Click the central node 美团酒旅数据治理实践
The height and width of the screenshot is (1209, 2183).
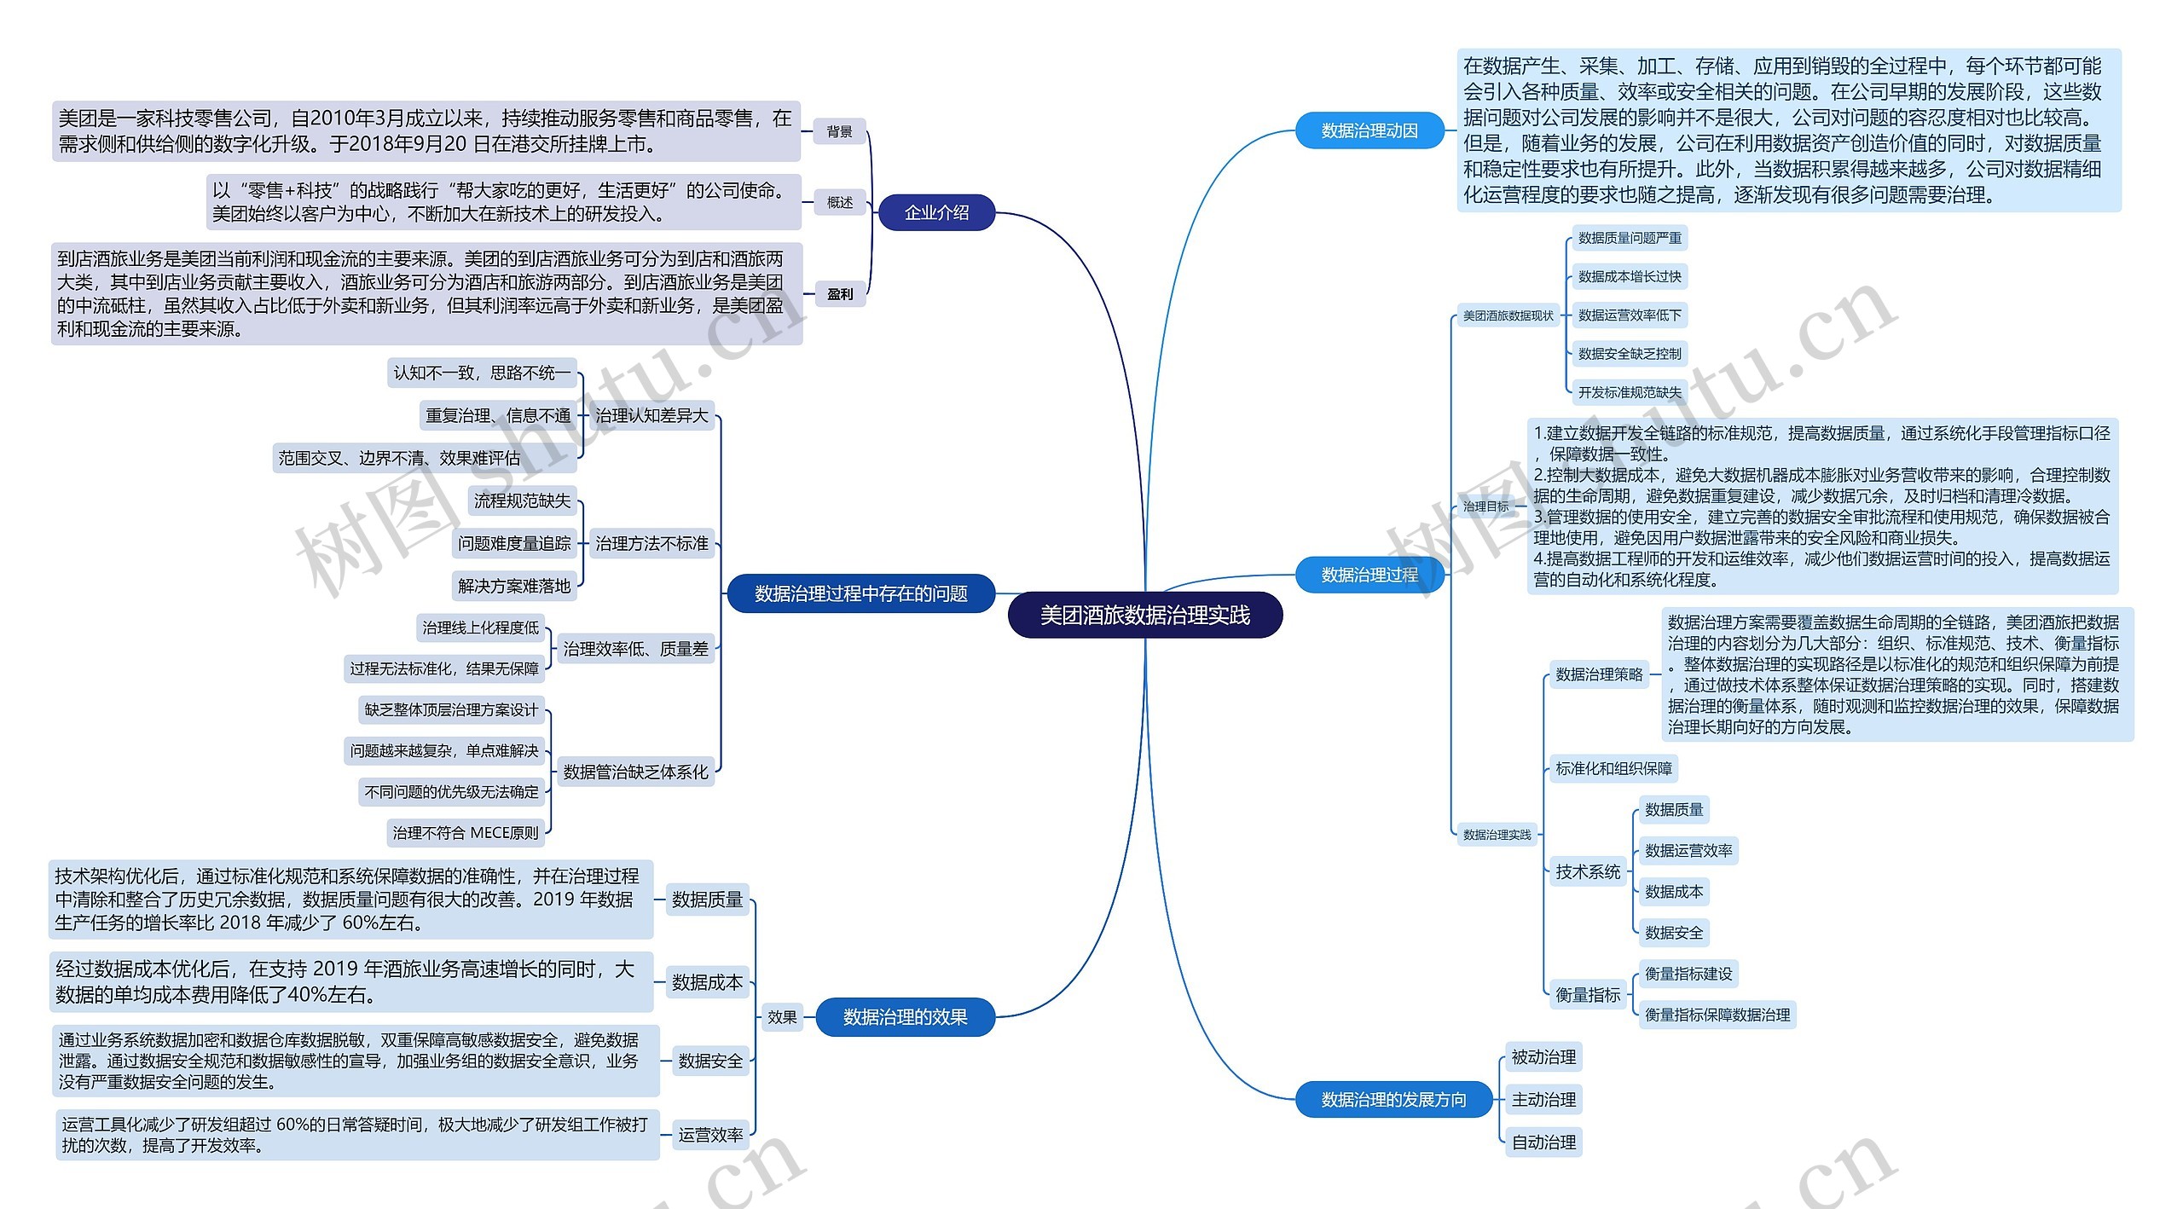(x=1144, y=615)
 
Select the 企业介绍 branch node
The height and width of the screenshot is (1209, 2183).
(x=936, y=212)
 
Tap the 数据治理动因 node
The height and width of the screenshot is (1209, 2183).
(x=1369, y=130)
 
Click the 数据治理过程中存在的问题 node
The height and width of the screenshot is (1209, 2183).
(x=860, y=593)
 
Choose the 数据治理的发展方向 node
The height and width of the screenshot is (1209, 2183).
(x=1393, y=1100)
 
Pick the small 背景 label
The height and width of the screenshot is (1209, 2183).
(x=839, y=131)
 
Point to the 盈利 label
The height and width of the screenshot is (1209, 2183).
(x=839, y=294)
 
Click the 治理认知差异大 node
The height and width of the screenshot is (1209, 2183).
(x=651, y=415)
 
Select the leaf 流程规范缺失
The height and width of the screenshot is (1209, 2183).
(x=522, y=500)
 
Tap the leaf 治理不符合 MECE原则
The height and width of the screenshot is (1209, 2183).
(x=466, y=833)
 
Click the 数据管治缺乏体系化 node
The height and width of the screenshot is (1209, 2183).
(x=635, y=772)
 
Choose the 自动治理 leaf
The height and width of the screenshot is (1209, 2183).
(x=1543, y=1142)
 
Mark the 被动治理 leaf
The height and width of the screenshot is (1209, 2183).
(x=1543, y=1057)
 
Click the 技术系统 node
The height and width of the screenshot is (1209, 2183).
(x=1588, y=871)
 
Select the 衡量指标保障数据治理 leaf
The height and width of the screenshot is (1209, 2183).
(x=1717, y=1015)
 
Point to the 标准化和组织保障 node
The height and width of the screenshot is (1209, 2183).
(x=1613, y=768)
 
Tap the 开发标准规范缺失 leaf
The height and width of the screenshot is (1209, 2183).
(x=1630, y=392)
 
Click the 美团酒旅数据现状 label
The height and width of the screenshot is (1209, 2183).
(x=1508, y=315)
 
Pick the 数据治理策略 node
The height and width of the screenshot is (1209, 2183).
(x=1599, y=674)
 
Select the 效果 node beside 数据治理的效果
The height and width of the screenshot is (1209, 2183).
(x=782, y=1016)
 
